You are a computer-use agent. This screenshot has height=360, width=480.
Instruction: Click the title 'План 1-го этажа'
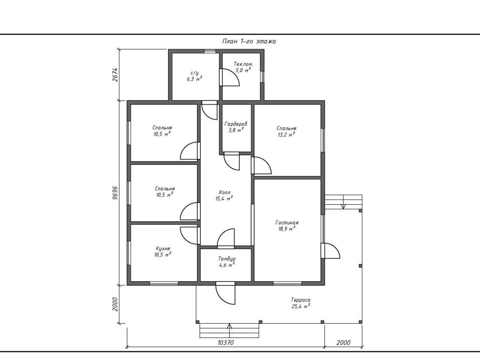[249, 42]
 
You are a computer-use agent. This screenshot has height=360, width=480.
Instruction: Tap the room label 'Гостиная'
[287, 223]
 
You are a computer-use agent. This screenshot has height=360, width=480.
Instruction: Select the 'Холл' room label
[224, 192]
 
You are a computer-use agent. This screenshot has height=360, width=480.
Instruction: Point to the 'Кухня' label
[163, 249]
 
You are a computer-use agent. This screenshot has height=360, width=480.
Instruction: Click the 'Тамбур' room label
[227, 259]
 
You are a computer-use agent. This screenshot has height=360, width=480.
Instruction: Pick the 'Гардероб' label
[236, 124]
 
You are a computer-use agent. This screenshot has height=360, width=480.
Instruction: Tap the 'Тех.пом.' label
[244, 64]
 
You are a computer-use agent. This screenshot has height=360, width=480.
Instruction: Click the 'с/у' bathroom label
[195, 73]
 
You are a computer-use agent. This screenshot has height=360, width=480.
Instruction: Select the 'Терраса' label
[300, 300]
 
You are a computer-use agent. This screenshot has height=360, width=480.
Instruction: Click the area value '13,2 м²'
[287, 135]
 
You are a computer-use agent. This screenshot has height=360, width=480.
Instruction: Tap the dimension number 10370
[225, 342]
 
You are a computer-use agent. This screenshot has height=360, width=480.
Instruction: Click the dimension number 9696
[115, 193]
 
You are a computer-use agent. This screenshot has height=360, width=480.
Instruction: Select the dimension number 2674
[115, 74]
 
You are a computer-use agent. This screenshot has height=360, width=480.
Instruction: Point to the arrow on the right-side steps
[343, 202]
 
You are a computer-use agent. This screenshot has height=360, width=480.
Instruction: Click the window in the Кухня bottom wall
[164, 284]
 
